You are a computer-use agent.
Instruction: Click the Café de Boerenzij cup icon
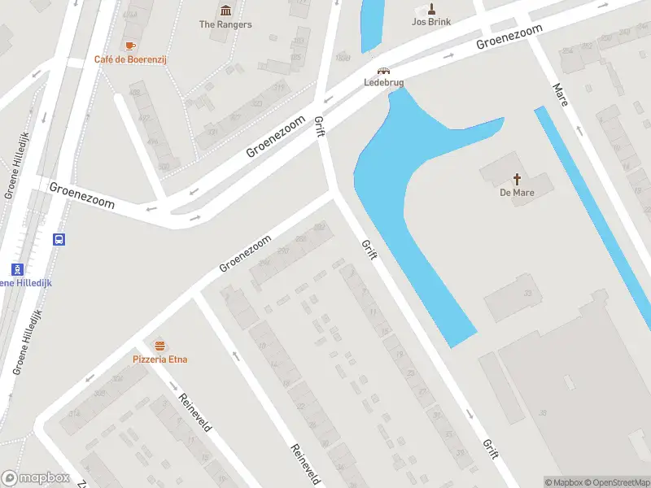point(130,46)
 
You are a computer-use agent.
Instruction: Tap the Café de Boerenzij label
point(130,59)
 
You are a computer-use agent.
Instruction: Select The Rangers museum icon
point(225,11)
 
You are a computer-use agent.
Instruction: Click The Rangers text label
point(225,24)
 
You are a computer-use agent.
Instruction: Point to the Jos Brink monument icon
point(431,8)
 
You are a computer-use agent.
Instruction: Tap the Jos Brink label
point(431,22)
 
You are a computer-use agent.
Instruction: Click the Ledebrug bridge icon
point(383,70)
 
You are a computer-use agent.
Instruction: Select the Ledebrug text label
point(383,82)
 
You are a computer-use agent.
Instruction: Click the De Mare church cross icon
point(516,179)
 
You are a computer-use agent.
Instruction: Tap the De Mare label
point(516,193)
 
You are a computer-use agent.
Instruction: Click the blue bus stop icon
point(59,239)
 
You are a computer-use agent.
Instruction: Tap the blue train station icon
point(16,268)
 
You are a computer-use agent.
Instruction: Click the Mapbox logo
point(35,478)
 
